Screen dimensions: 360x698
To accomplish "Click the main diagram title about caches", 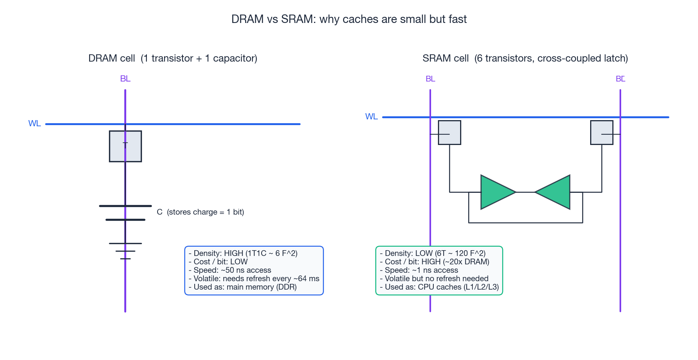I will click(349, 19).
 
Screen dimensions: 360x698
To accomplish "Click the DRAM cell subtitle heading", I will click(172, 58).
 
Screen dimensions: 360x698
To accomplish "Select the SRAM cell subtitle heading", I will click(525, 58).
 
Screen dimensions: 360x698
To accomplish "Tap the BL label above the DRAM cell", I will click(125, 79).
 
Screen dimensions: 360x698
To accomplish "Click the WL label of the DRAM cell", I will click(34, 124).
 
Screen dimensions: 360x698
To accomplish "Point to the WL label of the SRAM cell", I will click(371, 117).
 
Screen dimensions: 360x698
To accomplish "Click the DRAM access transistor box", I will click(125, 147).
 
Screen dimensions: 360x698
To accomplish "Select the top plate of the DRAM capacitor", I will click(125, 206).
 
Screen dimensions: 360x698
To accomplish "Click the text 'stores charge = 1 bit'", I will click(205, 212).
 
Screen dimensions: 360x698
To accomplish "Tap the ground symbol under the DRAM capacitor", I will click(125, 251).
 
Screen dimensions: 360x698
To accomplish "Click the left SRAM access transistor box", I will click(449, 133).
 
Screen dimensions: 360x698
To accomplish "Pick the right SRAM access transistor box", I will click(602, 133).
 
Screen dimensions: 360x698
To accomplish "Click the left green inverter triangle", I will click(496, 192).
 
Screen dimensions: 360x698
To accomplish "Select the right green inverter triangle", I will click(555, 192).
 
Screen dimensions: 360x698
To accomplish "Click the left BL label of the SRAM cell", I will click(430, 79).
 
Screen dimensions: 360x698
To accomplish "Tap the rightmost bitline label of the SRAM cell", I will click(620, 79).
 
